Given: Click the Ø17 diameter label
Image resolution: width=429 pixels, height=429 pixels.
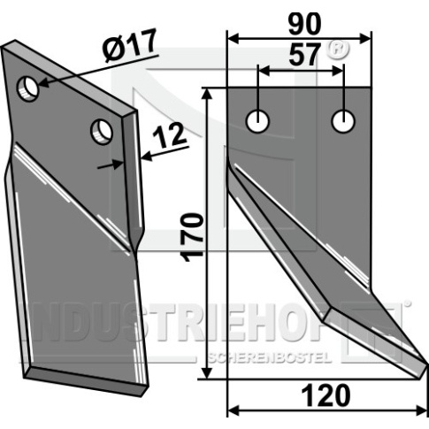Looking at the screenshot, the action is click(x=129, y=45).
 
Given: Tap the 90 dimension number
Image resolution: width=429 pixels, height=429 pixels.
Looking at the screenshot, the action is click(x=304, y=25).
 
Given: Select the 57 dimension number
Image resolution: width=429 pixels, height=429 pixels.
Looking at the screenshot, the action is click(x=304, y=55).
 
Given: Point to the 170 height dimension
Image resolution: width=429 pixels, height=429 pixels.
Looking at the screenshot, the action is click(x=193, y=238).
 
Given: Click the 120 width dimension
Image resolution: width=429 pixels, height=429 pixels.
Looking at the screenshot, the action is click(x=326, y=395).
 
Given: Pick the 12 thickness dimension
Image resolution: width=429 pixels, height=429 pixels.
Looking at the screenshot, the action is click(x=169, y=136).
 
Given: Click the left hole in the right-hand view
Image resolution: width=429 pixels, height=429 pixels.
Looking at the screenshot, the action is click(x=258, y=121).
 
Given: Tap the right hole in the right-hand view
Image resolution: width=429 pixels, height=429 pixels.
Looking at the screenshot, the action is click(x=343, y=121).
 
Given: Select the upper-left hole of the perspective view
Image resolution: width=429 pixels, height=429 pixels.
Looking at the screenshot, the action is click(x=28, y=88).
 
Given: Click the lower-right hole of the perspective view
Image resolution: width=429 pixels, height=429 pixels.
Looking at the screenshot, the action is click(x=102, y=132).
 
